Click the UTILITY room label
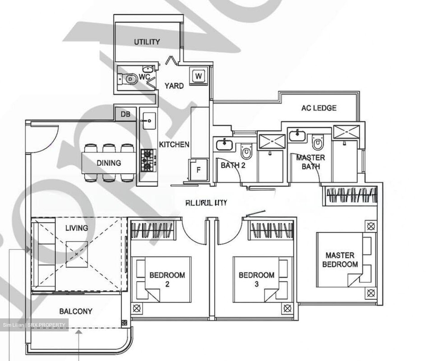(x=147, y=42)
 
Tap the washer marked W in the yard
(x=199, y=76)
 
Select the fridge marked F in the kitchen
(x=199, y=170)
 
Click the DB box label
(x=125, y=114)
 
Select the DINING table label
(x=109, y=163)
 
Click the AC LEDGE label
(x=319, y=108)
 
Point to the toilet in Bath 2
(x=246, y=152)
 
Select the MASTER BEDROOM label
(x=340, y=260)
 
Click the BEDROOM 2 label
(x=167, y=279)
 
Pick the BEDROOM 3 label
(x=256, y=279)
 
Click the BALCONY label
(x=76, y=311)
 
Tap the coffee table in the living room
(x=77, y=254)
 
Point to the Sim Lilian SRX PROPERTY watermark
(x=34, y=325)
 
